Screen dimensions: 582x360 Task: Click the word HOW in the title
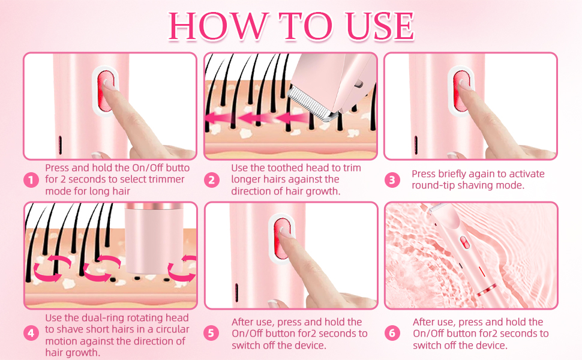tap(217, 26)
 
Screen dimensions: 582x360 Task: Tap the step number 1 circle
tap(31, 180)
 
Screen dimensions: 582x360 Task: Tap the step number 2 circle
tap(212, 180)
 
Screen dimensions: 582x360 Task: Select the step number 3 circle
tap(392, 180)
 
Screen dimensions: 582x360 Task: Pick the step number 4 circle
tap(31, 333)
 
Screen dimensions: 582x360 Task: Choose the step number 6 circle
tap(392, 333)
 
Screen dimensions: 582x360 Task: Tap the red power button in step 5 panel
tap(281, 238)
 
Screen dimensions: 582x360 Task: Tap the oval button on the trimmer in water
tap(465, 243)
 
